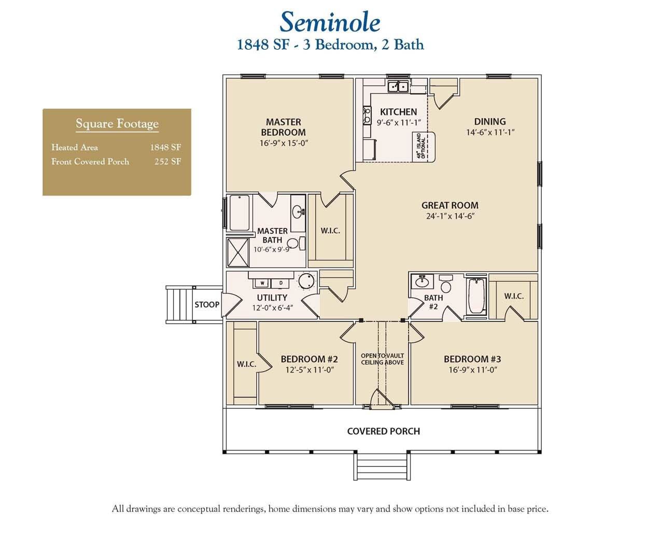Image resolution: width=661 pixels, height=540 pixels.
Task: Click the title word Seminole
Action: click(x=330, y=22)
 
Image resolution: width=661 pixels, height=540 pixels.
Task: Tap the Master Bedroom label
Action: click(x=283, y=127)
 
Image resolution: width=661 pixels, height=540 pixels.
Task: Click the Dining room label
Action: click(x=489, y=121)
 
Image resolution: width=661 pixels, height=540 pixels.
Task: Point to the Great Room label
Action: click(x=449, y=205)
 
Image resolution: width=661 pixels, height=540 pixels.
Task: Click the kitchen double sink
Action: click(x=398, y=86)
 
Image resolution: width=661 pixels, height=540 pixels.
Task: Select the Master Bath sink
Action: click(x=298, y=211)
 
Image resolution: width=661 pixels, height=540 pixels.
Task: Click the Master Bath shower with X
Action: click(x=238, y=253)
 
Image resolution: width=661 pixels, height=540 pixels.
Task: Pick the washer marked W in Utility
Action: click(x=263, y=283)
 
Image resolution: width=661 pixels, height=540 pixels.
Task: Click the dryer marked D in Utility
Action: click(x=281, y=283)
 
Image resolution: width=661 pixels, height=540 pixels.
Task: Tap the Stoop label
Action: click(x=207, y=305)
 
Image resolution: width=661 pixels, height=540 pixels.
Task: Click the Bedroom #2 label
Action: click(x=309, y=359)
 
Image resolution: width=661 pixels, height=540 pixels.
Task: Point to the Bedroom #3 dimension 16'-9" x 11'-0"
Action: click(x=472, y=370)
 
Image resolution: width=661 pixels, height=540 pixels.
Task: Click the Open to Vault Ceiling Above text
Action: click(x=382, y=359)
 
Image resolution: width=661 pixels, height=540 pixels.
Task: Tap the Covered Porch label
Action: click(x=383, y=431)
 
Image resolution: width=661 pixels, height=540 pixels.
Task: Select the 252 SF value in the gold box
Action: click(x=167, y=161)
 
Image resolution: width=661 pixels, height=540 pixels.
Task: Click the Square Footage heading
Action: click(x=117, y=123)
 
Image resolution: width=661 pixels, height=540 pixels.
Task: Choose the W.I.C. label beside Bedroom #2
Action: click(x=246, y=364)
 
